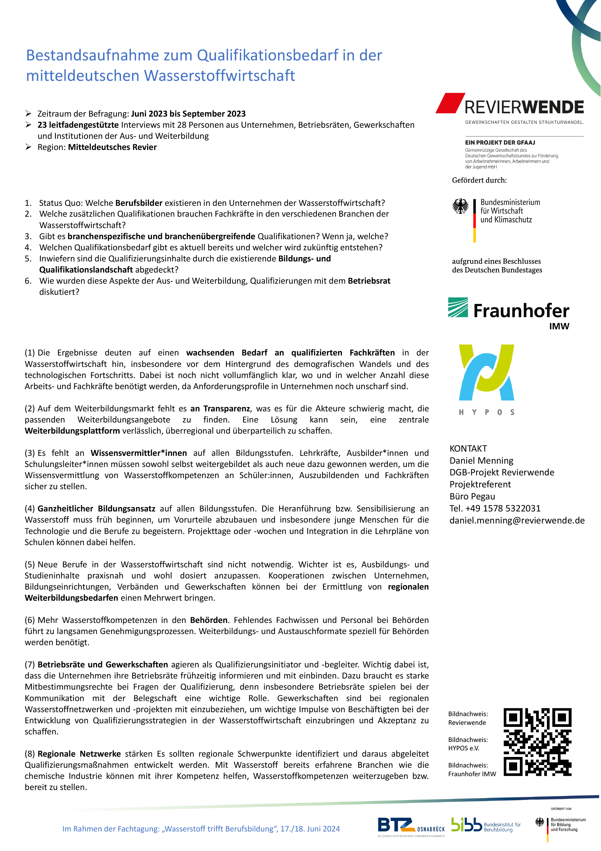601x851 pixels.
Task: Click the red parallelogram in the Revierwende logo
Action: (x=450, y=103)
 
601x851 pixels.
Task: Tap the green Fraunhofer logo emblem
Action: (x=458, y=307)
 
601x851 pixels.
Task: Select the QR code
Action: (x=537, y=742)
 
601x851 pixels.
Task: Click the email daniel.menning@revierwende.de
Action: (x=517, y=520)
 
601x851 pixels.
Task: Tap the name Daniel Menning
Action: (x=481, y=460)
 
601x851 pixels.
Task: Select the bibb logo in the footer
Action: (x=466, y=825)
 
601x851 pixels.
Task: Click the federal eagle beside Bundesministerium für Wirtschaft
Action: (x=460, y=206)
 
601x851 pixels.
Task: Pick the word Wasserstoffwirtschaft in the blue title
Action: (x=219, y=76)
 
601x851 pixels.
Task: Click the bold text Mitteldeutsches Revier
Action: (x=112, y=147)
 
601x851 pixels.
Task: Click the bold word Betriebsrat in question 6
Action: (x=369, y=281)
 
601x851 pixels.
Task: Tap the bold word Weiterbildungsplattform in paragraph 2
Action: (x=72, y=431)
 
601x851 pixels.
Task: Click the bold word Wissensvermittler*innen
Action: (x=139, y=453)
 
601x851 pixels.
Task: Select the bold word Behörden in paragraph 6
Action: (x=209, y=620)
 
